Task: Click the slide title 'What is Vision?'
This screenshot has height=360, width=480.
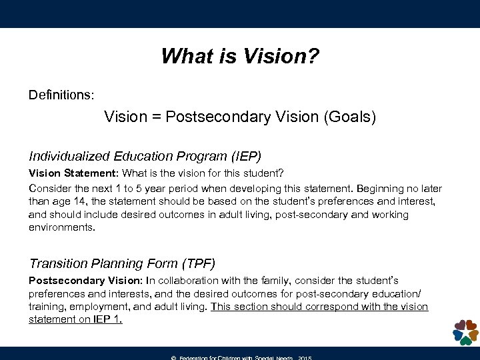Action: point(240,55)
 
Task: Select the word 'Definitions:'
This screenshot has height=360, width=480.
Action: point(61,95)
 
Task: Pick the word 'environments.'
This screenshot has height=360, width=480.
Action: point(62,227)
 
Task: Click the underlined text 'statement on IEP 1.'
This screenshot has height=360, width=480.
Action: point(75,319)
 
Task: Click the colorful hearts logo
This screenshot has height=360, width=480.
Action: point(465,331)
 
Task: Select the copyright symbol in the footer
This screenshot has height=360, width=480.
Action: point(173,357)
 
